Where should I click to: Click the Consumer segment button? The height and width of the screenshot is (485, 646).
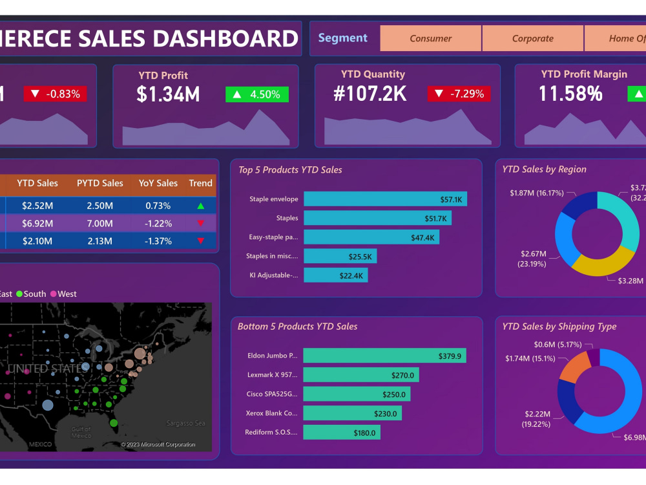pyautogui.click(x=431, y=38)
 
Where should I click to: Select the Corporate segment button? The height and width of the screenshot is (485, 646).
pyautogui.click(x=533, y=38)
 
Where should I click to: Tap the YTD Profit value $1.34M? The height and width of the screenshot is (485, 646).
pyautogui.click(x=168, y=94)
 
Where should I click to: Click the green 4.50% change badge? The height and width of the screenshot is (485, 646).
pyautogui.click(x=257, y=94)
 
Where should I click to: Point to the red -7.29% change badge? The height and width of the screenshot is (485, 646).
pyautogui.click(x=459, y=94)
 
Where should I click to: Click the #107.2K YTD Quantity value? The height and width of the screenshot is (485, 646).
pyautogui.click(x=370, y=94)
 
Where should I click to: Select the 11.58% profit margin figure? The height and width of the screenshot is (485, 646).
pyautogui.click(x=570, y=94)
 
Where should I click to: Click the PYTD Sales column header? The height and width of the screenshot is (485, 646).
pyautogui.click(x=99, y=183)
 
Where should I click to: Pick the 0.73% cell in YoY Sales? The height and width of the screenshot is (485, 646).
pyautogui.click(x=158, y=206)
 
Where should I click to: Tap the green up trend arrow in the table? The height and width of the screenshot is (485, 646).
pyautogui.click(x=200, y=206)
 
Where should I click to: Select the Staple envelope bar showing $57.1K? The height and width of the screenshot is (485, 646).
pyautogui.click(x=385, y=199)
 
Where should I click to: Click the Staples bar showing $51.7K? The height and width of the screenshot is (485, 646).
pyautogui.click(x=377, y=219)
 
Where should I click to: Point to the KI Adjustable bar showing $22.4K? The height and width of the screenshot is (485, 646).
pyautogui.click(x=335, y=275)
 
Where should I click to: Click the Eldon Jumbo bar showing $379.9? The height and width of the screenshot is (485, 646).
pyautogui.click(x=384, y=356)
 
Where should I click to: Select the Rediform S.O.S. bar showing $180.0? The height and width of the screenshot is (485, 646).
pyautogui.click(x=342, y=433)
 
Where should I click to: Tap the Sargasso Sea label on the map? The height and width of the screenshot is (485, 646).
pyautogui.click(x=185, y=423)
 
